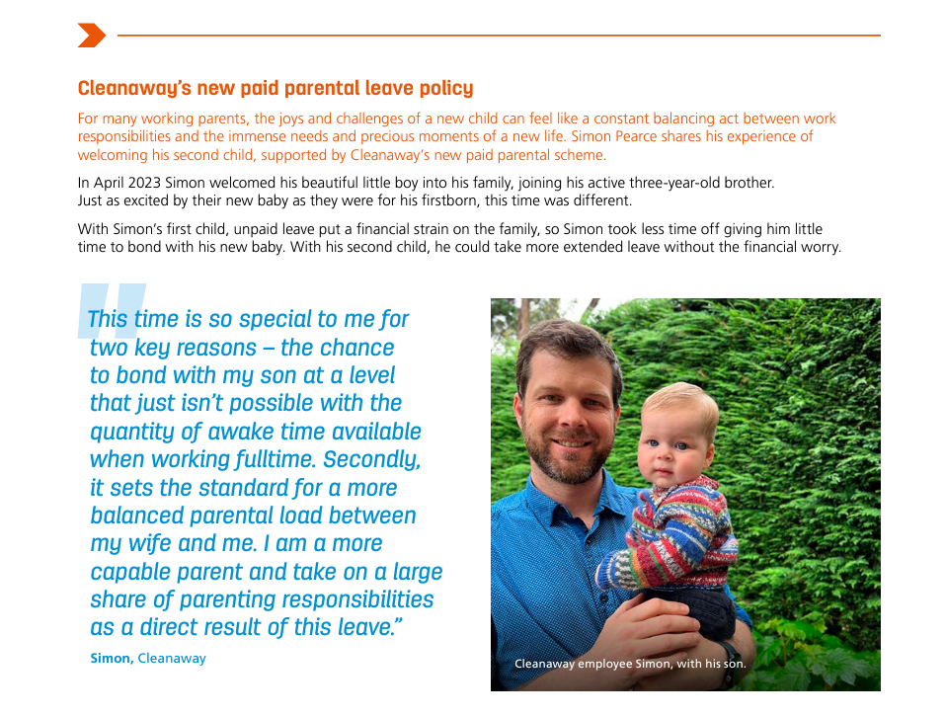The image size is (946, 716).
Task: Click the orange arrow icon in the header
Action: click(91, 36)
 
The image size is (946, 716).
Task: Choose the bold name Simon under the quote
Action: click(111, 659)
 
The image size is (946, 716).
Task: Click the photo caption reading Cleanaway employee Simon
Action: click(630, 664)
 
